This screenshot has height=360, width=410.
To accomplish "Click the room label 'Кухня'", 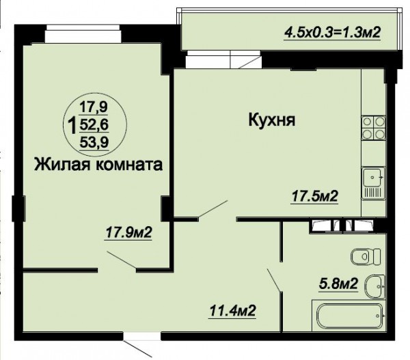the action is tap(272, 120).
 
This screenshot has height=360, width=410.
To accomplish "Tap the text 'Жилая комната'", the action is tap(98, 165).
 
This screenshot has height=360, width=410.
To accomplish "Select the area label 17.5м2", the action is tap(315, 196).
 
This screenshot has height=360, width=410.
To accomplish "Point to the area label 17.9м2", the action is tap(128, 232).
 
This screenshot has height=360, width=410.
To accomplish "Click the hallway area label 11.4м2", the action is tap(232, 311).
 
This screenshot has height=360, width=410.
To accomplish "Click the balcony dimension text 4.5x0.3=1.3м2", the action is tap(332, 33).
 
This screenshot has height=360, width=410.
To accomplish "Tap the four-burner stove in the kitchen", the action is tap(374, 128).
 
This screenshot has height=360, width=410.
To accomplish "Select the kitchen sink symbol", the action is tap(373, 183).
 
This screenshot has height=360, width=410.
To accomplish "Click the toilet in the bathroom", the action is tap(366, 256).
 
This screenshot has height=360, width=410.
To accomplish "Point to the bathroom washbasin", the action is tap(375, 287).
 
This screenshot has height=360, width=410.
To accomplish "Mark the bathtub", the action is tap(349, 316).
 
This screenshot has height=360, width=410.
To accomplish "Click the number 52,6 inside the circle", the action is tap(94, 126).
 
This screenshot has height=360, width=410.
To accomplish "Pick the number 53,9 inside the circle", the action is tap(94, 143).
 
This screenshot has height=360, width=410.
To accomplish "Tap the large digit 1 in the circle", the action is tap(72, 125).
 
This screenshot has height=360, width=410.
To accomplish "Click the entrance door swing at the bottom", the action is tap(138, 348).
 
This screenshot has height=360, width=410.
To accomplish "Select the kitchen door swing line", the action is tap(213, 208).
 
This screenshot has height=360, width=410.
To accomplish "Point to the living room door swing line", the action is tap(122, 260).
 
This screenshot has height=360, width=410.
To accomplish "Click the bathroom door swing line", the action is tap(274, 279).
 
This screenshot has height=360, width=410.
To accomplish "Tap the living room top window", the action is tap(83, 34).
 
